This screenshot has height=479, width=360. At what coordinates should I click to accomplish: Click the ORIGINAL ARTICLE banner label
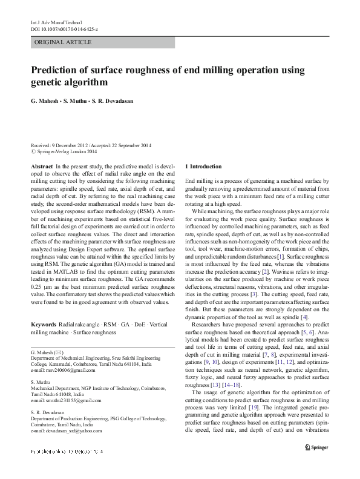click(64, 42)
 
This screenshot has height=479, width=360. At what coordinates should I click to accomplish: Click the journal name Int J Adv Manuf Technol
click(50, 22)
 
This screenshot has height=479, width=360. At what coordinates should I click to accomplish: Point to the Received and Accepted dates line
click(91, 145)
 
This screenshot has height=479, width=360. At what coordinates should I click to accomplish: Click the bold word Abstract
click(41, 166)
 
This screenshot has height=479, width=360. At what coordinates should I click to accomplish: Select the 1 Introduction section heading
click(203, 166)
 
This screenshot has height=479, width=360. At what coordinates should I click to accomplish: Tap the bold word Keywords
click(44, 325)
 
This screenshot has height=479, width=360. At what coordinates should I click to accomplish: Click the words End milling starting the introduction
click(198, 181)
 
